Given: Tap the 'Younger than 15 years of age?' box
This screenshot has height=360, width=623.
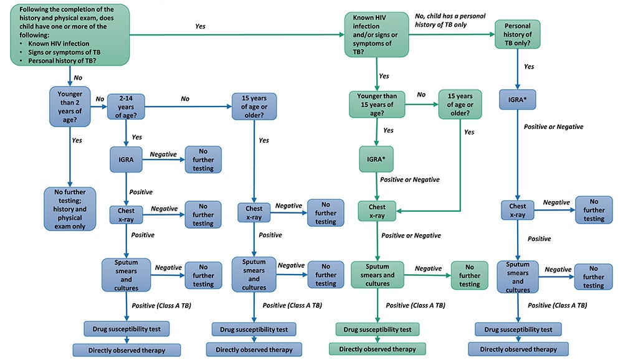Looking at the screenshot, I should (x=377, y=104).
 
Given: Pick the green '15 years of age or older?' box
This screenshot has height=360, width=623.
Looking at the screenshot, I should (x=461, y=104).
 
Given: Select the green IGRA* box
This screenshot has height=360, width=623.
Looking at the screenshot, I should (x=376, y=159).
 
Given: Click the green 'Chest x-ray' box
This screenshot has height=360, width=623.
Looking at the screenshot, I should (x=377, y=211).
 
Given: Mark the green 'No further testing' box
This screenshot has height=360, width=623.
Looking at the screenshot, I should (x=470, y=275).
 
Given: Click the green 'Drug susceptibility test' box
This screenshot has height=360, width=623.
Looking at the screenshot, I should (x=377, y=328).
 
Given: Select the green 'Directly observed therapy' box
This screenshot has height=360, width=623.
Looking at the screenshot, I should (x=376, y=348).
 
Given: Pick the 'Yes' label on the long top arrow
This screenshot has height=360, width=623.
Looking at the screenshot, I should (x=200, y=26).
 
